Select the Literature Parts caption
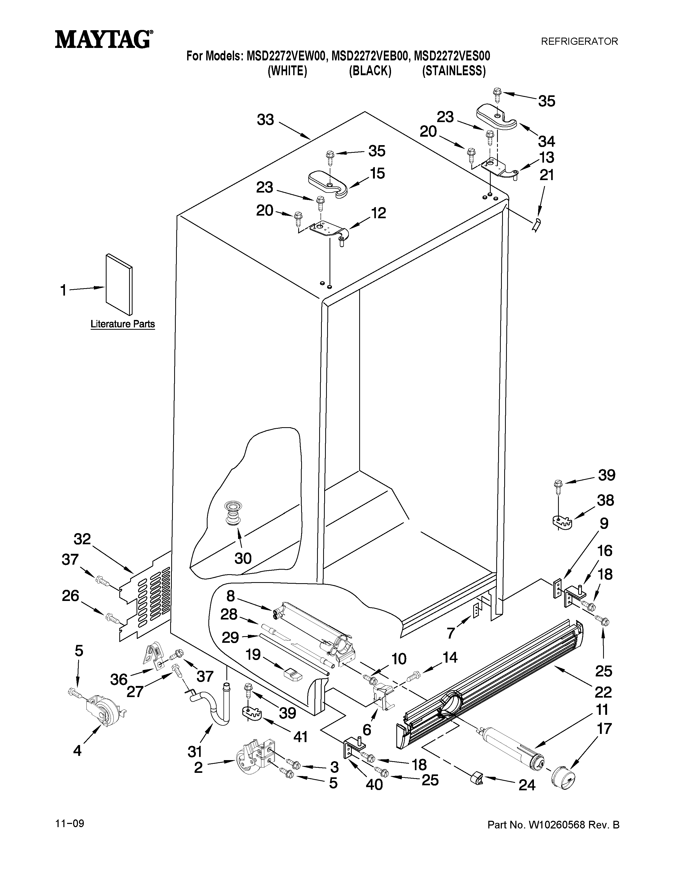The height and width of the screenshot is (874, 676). click(x=122, y=324)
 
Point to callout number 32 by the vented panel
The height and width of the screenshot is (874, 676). click(x=82, y=539)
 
